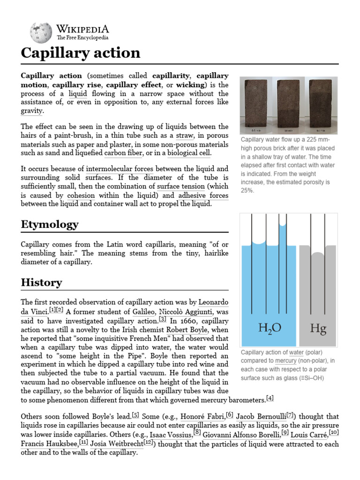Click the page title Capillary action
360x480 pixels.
tap(80, 52)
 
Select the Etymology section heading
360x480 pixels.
tap(50, 225)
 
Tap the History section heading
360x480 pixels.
tap(41, 283)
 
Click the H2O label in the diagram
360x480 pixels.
tap(270, 328)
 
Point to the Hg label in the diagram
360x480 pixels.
tap(318, 328)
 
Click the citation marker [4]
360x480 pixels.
tap(270, 399)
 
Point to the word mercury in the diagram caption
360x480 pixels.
tap(286, 361)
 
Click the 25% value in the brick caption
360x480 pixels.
tap(247, 191)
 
